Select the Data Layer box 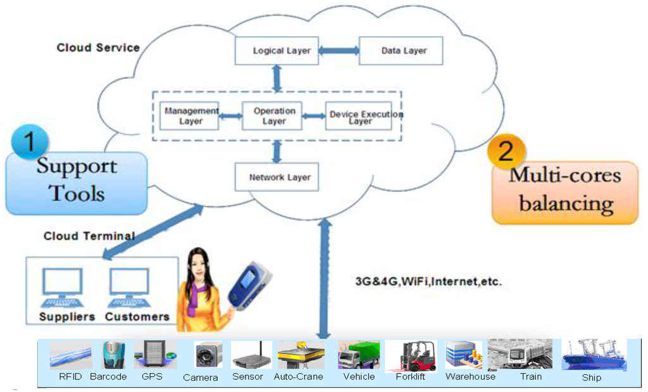[401, 51]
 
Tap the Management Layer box [189, 115]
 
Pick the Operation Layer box [274, 115]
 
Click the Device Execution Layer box [359, 115]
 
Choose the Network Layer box [277, 177]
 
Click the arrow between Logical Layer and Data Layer [339, 51]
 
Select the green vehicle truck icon [359, 355]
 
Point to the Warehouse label [470, 377]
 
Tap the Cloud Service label [98, 47]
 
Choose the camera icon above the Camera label [208, 355]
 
